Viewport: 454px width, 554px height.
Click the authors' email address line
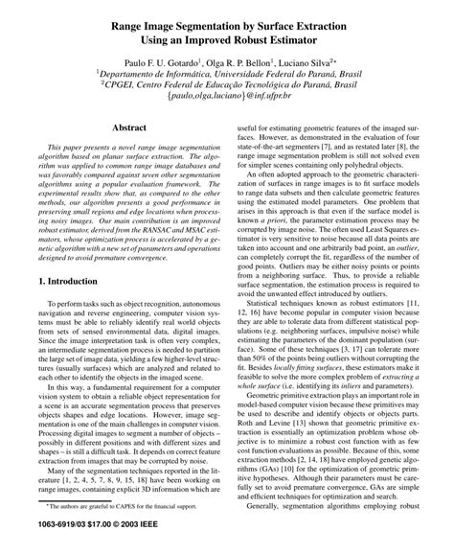pos(227,96)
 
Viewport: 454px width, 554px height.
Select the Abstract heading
pos(130,127)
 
